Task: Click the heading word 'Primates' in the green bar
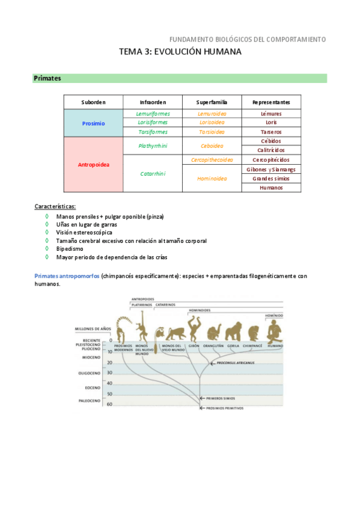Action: point(47,78)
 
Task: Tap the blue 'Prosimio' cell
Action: point(93,123)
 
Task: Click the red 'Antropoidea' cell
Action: point(93,164)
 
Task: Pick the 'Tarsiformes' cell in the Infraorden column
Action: point(153,132)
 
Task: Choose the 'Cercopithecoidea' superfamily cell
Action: point(212,160)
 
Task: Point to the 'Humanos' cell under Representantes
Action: point(271,188)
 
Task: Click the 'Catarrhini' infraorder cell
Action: point(153,174)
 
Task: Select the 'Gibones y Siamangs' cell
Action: point(271,170)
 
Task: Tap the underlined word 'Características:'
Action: point(55,206)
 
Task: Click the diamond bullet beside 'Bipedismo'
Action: point(47,248)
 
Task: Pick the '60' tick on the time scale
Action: point(109,404)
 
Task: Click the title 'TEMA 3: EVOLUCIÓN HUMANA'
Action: point(180,52)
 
